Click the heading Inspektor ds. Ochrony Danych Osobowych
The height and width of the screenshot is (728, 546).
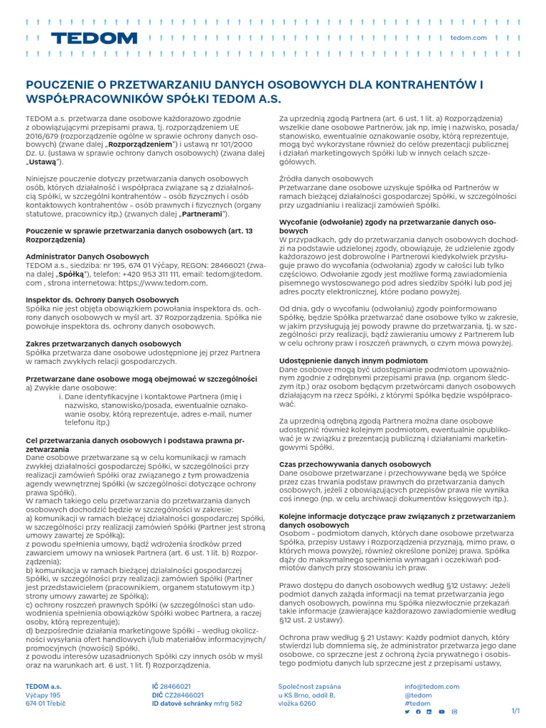pyautogui.click(x=102, y=300)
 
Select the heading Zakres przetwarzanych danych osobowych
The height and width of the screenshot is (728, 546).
pyautogui.click(x=103, y=344)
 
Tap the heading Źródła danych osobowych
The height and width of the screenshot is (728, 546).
pyautogui.click(x=326, y=178)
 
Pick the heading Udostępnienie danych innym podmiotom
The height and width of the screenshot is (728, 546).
pyautogui.click(x=353, y=361)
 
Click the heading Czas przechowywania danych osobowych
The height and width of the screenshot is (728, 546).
pyautogui.click(x=355, y=464)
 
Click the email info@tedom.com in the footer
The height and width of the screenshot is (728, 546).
pyautogui.click(x=432, y=687)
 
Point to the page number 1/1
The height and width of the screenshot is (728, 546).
pyautogui.click(x=515, y=711)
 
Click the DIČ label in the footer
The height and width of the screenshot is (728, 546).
pyautogui.click(x=158, y=695)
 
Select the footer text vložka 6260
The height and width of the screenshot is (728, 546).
pyautogui.click(x=296, y=703)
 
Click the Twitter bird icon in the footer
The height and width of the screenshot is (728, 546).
pyautogui.click(x=407, y=712)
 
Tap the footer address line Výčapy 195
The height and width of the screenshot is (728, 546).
pyautogui.click(x=43, y=695)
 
